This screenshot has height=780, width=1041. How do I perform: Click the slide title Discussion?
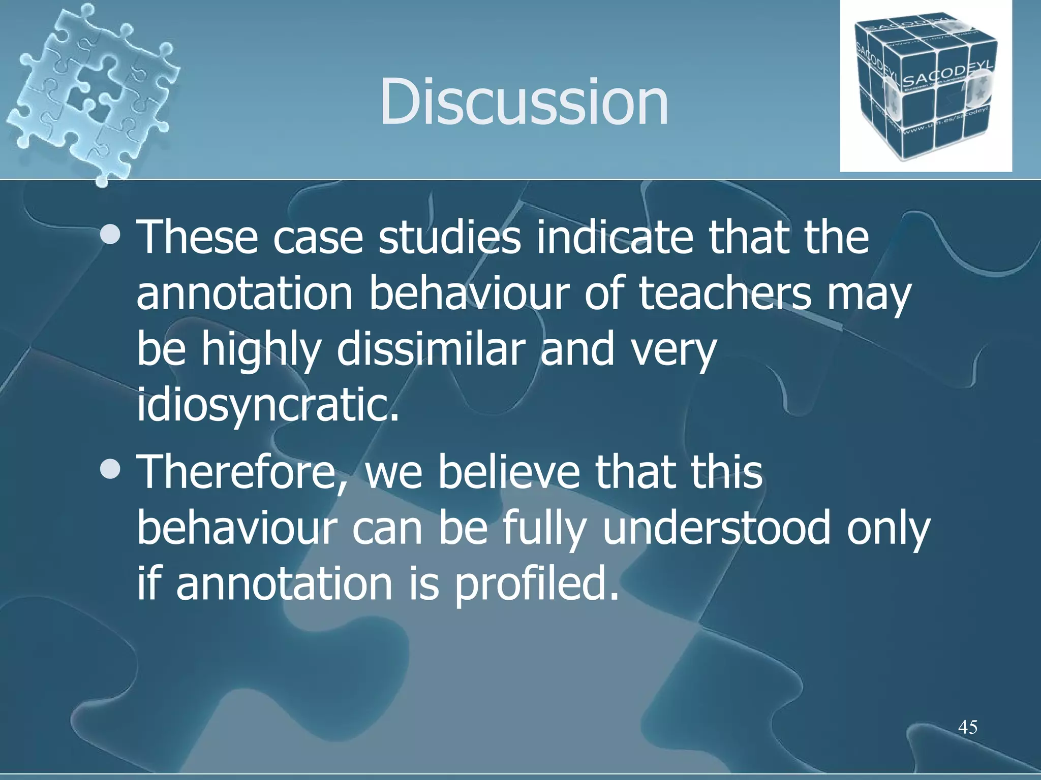[524, 102]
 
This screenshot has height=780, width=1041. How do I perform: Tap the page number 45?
[967, 727]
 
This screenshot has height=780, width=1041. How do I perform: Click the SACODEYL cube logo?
[926, 86]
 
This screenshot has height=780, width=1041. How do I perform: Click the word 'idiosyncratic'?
[267, 405]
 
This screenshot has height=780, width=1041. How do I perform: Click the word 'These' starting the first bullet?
[197, 237]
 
